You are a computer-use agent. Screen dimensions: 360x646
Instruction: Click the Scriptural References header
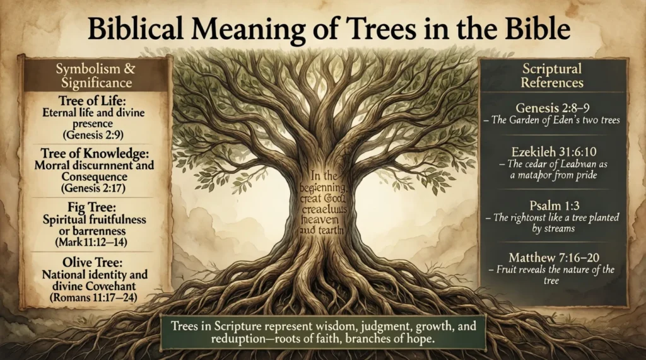pyautogui.click(x=553, y=75)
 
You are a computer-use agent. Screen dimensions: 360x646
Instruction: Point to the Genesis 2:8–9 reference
pyautogui.click(x=553, y=108)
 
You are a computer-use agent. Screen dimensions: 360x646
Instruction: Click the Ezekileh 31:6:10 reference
pyautogui.click(x=553, y=151)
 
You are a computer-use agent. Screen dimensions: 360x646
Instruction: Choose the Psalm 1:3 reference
pyautogui.click(x=553, y=204)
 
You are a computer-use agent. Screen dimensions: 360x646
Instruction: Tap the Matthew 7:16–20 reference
pyautogui.click(x=553, y=257)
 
